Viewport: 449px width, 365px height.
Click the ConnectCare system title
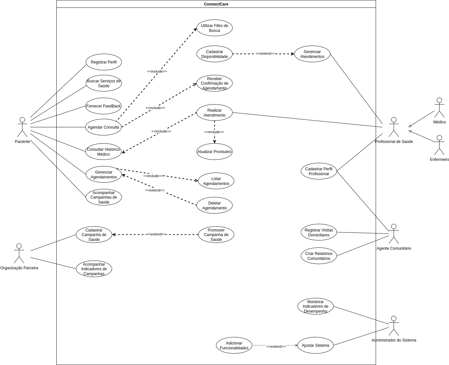point(216,4)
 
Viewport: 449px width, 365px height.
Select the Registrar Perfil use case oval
point(104,62)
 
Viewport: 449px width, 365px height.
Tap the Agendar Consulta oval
point(103,127)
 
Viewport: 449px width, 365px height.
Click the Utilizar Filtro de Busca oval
point(214,28)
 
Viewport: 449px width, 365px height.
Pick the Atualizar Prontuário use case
point(214,152)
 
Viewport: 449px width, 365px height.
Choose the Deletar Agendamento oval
point(214,205)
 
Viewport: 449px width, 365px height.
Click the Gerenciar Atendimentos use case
point(312,54)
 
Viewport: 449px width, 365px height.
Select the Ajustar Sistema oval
point(315,345)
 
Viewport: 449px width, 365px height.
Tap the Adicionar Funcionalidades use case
point(234,345)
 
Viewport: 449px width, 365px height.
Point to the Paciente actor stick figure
point(22,127)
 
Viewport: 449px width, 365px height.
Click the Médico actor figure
point(439,108)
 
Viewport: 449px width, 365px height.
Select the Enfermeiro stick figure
point(439,145)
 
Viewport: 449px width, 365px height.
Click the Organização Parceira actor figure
point(19,253)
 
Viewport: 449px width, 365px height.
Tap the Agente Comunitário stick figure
point(394,234)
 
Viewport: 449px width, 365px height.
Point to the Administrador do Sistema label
point(394,340)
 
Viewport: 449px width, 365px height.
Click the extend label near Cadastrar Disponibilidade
point(265,53)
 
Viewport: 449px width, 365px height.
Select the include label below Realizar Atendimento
point(214,132)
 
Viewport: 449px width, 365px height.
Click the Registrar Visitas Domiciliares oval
point(319,232)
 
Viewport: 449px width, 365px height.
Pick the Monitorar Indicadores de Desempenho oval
point(315,306)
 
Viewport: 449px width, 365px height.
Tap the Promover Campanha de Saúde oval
point(216,235)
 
